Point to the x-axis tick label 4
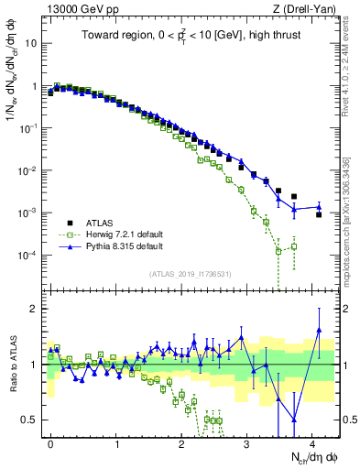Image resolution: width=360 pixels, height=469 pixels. [x=313, y=442]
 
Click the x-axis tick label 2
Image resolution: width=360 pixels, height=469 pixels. [x=182, y=442]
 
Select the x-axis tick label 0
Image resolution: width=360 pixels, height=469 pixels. [x=50, y=442]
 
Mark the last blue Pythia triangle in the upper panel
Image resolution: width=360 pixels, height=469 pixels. [x=319, y=206]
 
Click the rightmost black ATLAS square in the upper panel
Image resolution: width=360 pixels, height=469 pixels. [x=319, y=214]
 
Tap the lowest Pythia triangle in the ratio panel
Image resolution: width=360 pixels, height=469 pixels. [x=294, y=420]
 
